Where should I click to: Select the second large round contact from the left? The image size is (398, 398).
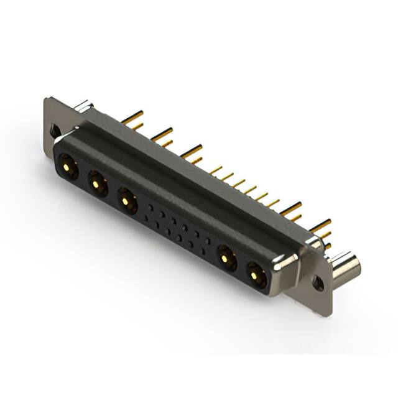pyautogui.click(x=96, y=183)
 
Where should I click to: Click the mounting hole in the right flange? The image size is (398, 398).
pyautogui.click(x=318, y=284)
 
